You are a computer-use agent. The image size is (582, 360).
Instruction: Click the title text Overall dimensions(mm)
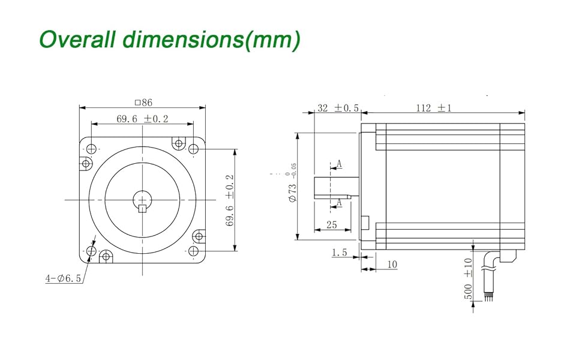[x=169, y=40]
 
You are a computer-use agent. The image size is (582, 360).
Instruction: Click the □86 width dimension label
[x=143, y=103]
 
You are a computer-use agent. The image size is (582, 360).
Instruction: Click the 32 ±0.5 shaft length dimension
[x=338, y=108]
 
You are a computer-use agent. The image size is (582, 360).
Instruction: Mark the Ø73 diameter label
[x=292, y=193]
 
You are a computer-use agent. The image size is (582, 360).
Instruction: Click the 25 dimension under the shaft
[x=331, y=225]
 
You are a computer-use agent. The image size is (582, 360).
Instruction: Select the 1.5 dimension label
[x=340, y=253]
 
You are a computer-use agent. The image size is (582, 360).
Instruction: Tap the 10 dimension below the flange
[x=392, y=264]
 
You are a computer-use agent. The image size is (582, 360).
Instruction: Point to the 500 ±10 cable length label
[x=469, y=278]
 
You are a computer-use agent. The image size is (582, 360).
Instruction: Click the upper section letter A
[x=339, y=163]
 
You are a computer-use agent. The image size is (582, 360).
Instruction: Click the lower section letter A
[x=339, y=203]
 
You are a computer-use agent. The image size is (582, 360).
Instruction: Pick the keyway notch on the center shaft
[x=142, y=208]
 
